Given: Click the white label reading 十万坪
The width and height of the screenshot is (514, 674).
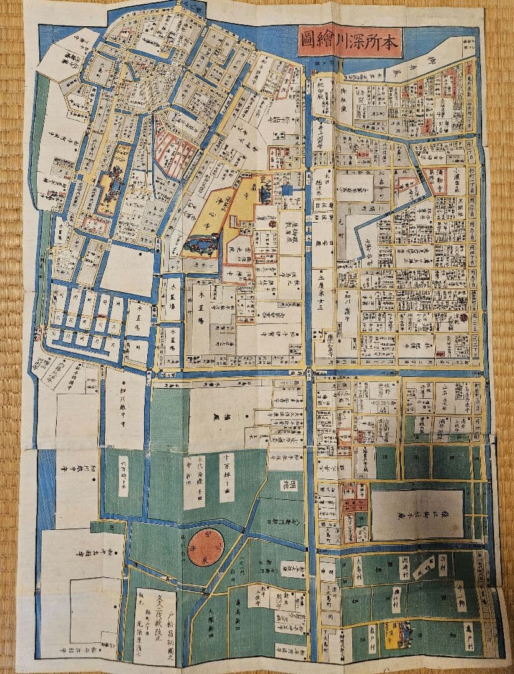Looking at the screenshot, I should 226,477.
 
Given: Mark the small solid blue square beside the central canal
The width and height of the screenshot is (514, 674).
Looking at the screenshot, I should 286,190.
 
